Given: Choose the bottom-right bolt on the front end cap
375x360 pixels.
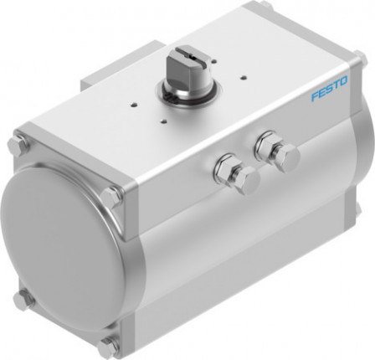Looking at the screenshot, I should tap(107, 343).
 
